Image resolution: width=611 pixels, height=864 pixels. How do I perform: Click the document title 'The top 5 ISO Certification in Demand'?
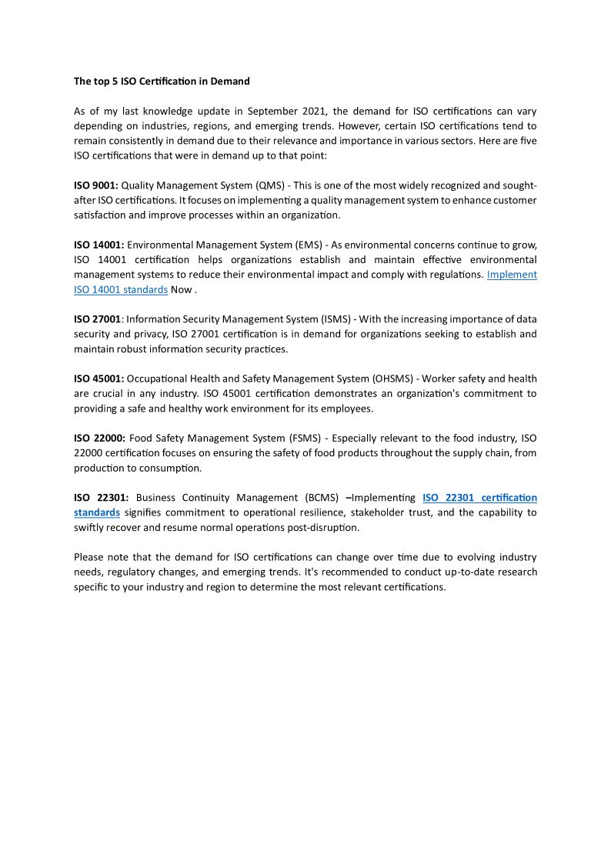coord(162,81)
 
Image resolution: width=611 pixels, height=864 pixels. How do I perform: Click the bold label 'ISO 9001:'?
coord(95,185)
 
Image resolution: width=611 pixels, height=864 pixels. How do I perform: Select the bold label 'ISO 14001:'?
coord(98,245)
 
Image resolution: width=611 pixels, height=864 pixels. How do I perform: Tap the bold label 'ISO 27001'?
coord(98,319)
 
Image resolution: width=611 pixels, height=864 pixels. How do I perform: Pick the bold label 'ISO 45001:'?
coord(98,379)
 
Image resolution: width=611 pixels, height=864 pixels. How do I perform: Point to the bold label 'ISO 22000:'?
coord(99,439)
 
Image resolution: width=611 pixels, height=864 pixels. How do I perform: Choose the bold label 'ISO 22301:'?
coord(101,498)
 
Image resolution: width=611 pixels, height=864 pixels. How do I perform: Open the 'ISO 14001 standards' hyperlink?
coord(121,290)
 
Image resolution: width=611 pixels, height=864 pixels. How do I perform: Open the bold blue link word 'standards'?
coord(97,512)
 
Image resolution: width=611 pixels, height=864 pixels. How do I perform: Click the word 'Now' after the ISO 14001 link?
coord(182,290)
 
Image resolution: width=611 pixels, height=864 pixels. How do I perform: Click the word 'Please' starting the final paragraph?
coord(89,557)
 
